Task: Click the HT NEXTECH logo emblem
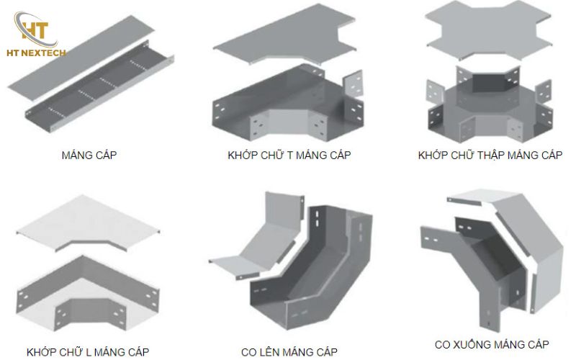coord(33,29)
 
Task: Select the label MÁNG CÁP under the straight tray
coord(89,155)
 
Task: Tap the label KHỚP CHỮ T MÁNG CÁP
coord(289,156)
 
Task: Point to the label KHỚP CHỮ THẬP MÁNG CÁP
coord(490,155)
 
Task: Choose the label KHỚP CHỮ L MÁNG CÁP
coord(88,352)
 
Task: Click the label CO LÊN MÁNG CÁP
coord(289,352)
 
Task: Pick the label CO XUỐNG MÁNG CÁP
coord(492,344)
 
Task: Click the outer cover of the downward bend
coord(533,245)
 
